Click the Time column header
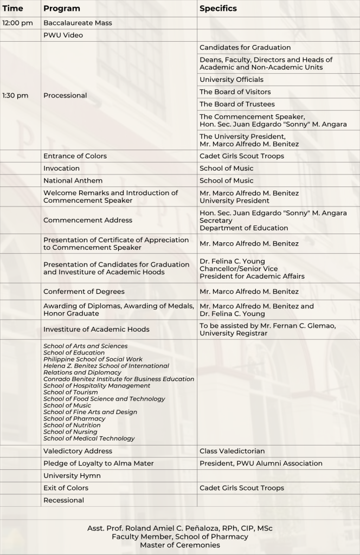pyautogui.click(x=13, y=9)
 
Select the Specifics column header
pyautogui.click(x=218, y=9)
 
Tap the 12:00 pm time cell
pyautogui.click(x=17, y=23)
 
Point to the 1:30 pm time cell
pyautogui.click(x=15, y=95)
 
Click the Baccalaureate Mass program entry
pyautogui.click(x=78, y=23)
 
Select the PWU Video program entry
pyautogui.click(x=63, y=35)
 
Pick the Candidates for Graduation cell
pyautogui.click(x=245, y=48)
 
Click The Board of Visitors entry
pyautogui.click(x=235, y=92)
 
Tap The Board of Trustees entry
pyautogui.click(x=237, y=104)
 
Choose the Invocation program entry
pyautogui.click(x=61, y=169)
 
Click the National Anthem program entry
pyautogui.click(x=73, y=180)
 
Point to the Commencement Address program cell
pyautogui.click(x=88, y=220)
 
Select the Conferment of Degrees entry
pyautogui.click(x=84, y=292)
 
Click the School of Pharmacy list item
pyautogui.click(x=74, y=418)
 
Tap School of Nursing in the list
pyautogui.click(x=70, y=432)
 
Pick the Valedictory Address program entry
pyautogui.click(x=78, y=451)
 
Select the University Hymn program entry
pyautogui.click(x=72, y=476)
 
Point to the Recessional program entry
pyautogui.click(x=63, y=500)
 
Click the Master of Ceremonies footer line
pyautogui.click(x=180, y=545)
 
